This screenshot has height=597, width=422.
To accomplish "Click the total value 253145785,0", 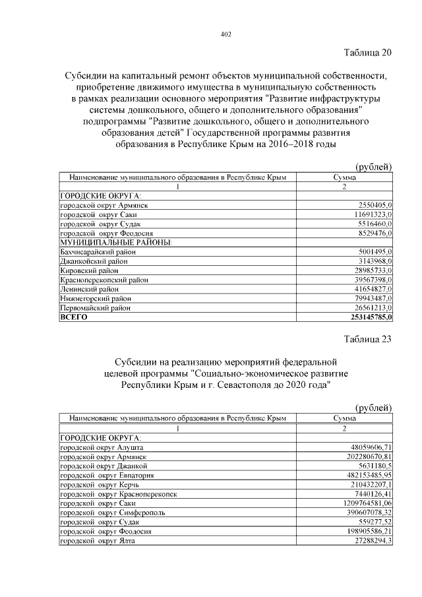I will [365, 317].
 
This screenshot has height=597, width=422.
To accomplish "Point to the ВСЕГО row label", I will [74, 317].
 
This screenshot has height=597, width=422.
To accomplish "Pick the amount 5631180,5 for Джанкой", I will [373, 466].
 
